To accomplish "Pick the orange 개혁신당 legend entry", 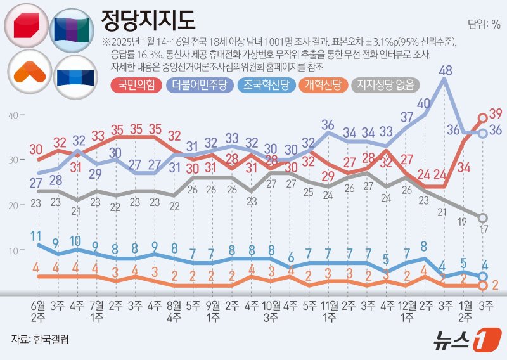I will coord(324,85).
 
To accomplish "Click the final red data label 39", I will coord(496,113).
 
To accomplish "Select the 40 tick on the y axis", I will coord(14,115).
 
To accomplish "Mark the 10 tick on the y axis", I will coord(14,251).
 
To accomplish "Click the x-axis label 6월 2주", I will coord(39,309).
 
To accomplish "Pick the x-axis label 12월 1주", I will coord(408,309).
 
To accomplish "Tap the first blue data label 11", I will coord(36,235).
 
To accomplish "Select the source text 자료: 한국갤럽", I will coord(40,339).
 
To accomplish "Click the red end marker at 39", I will coord(482,117).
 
